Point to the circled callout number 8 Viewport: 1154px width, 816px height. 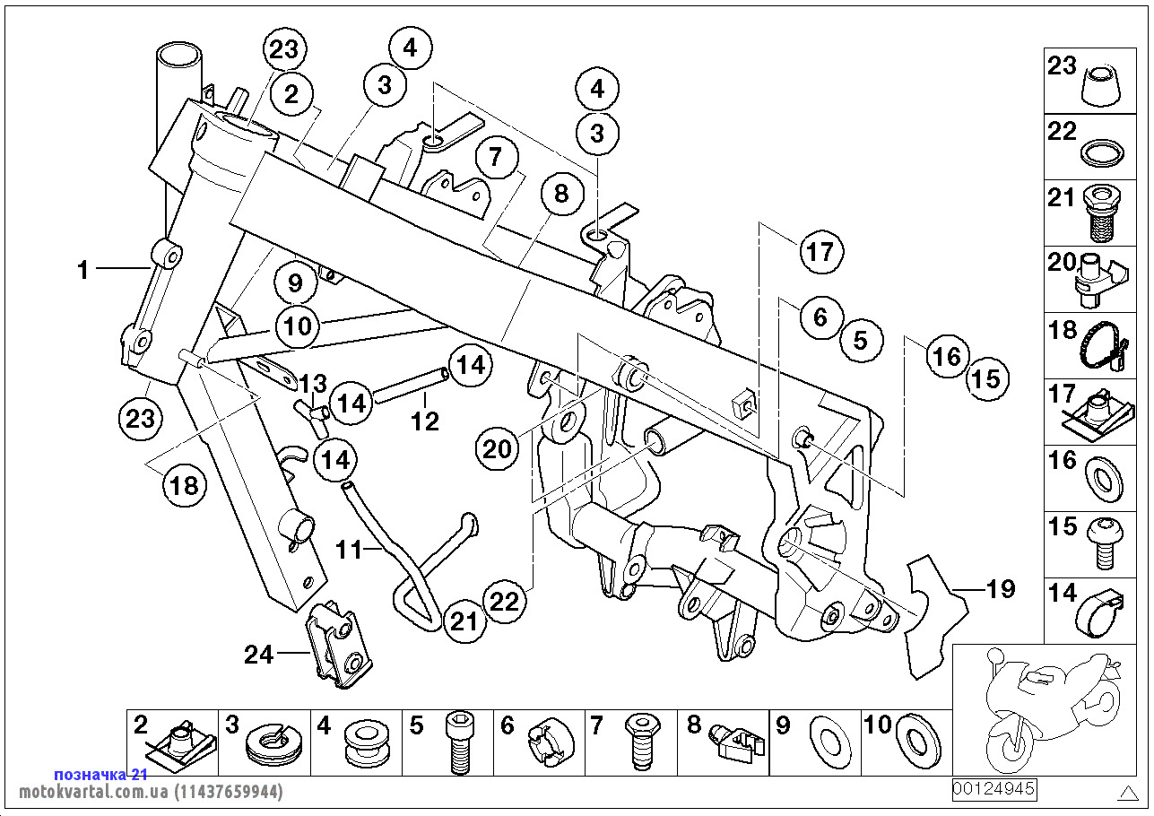pyautogui.click(x=561, y=195)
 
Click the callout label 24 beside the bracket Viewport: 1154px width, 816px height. pyautogui.click(x=258, y=655)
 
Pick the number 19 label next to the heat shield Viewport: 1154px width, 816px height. pyautogui.click(x=1000, y=588)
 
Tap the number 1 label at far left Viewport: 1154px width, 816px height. pyautogui.click(x=83, y=269)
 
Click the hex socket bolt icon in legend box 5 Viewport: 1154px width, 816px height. pyautogui.click(x=458, y=744)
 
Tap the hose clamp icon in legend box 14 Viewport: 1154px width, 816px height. pyautogui.click(x=1101, y=612)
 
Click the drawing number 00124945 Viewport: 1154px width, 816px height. pyautogui.click(x=993, y=789)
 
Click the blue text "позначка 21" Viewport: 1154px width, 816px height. pyautogui.click(x=100, y=774)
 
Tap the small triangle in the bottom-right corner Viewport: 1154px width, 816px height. pyautogui.click(x=1128, y=793)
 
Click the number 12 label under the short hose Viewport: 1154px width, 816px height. pyautogui.click(x=425, y=421)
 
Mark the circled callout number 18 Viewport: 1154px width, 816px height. pyautogui.click(x=184, y=486)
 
